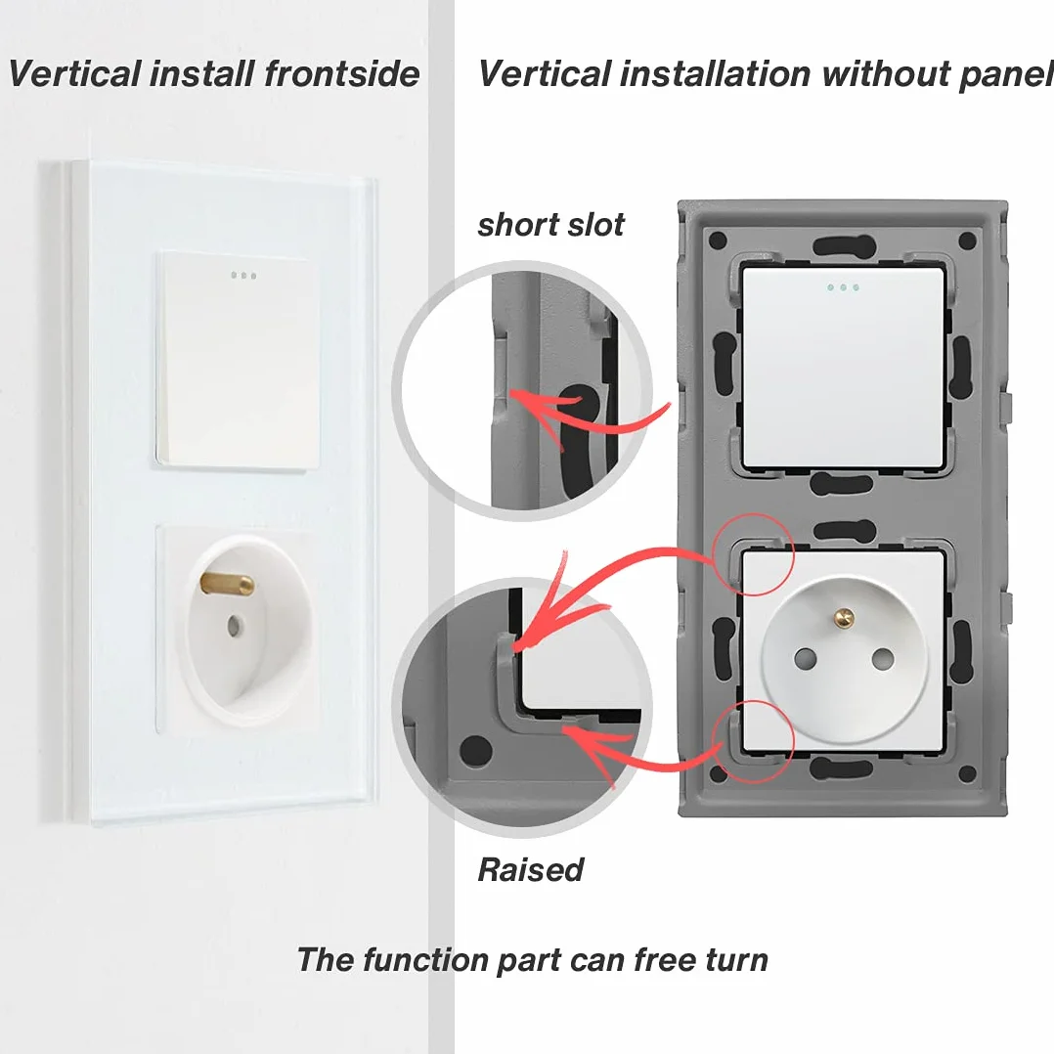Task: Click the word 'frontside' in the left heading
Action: click(341, 73)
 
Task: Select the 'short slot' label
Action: click(550, 225)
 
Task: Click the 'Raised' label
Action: click(530, 870)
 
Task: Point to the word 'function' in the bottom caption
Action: click(424, 959)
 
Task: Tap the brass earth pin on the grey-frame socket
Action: click(844, 615)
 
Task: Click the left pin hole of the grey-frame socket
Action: click(805, 659)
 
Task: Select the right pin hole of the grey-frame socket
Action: click(883, 659)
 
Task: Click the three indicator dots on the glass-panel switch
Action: click(243, 276)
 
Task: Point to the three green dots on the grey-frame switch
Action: click(843, 287)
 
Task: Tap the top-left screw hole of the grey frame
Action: click(718, 240)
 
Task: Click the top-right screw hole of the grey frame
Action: click(967, 240)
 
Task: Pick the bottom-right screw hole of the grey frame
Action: click(967, 774)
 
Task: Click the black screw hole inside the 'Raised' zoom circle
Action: click(476, 751)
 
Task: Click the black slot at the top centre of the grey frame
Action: click(843, 245)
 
